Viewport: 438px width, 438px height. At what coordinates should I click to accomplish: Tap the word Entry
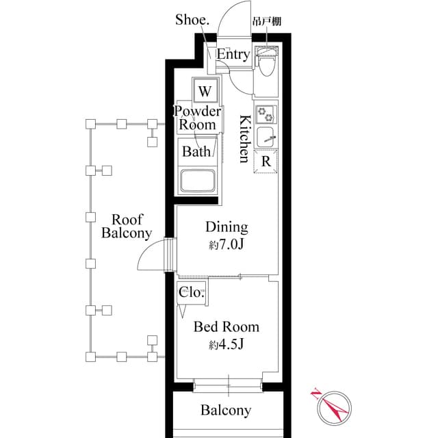pos(233,55)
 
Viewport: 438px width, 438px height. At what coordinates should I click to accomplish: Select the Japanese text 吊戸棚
pos(267,21)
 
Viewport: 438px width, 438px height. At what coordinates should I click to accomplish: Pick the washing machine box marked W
pos(204,90)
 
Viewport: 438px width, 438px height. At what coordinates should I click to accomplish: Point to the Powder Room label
pos(197,118)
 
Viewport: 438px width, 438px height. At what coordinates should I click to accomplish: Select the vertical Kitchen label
pos(244,139)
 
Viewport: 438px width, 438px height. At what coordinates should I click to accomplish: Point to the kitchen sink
pos(265,136)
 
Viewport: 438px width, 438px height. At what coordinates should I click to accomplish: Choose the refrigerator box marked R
pos(265,162)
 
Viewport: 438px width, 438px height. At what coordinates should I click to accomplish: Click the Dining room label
pos(227,228)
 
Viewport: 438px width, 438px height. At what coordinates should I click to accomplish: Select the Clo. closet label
pos(191,292)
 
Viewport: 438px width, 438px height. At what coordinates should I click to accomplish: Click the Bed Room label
pos(226,327)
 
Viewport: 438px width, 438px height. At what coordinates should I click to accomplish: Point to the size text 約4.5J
pos(227,345)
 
